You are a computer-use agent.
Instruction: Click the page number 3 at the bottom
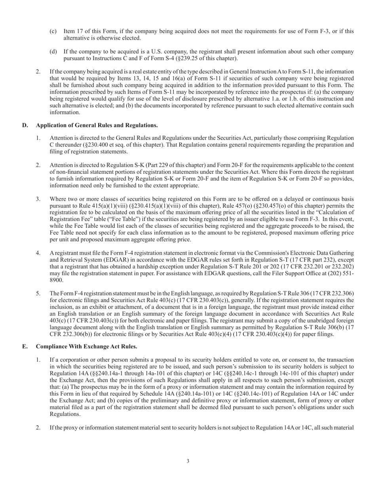(x=188, y=461)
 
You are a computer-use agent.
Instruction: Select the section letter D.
(x=25, y=125)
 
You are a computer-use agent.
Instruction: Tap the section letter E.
(x=25, y=346)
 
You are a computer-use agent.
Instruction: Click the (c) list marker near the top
(x=53, y=31)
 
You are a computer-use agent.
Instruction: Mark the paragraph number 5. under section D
(x=38, y=293)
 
